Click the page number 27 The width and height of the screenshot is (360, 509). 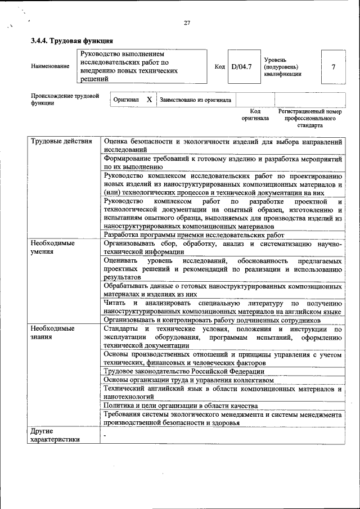pos(187,23)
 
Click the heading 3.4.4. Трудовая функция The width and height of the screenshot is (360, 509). pos(72,40)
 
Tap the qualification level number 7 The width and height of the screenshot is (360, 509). pos(333,67)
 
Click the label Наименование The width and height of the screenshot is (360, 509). pos(50,66)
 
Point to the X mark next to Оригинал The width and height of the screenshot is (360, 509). pos(149,100)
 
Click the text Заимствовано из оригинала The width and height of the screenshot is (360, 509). pos(195,100)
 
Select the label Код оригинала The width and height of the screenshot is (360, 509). pos(255,115)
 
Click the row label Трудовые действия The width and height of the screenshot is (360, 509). pos(61,141)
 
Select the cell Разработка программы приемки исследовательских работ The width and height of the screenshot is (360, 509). pos(195,235)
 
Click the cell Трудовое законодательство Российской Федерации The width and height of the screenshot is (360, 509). pos(184,371)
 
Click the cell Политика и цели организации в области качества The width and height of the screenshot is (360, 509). pos(181,405)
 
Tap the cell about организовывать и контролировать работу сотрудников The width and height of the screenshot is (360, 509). pos(212,319)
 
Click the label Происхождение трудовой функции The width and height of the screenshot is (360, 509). pos(65,100)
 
